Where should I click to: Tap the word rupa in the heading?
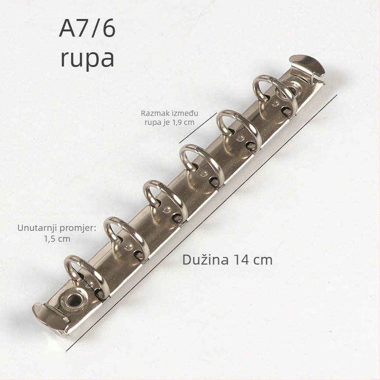pyautogui.click(x=87, y=59)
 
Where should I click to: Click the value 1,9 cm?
pyautogui.click(x=183, y=123)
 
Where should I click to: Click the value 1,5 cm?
pyautogui.click(x=57, y=239)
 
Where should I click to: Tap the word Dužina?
pyautogui.click(x=206, y=259)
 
